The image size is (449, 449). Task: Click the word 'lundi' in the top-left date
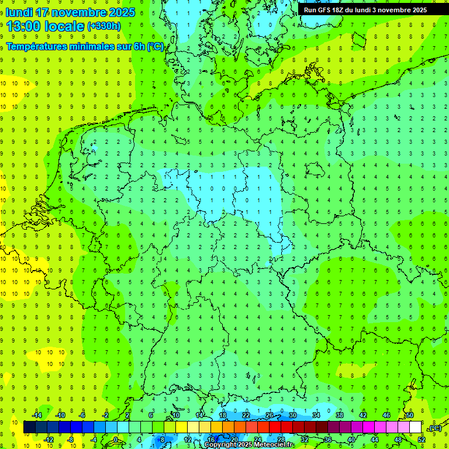[x=19, y=12]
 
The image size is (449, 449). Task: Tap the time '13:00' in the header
[x=23, y=26]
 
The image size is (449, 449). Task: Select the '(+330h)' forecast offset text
[x=104, y=26]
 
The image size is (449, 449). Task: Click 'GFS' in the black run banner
[x=327, y=10]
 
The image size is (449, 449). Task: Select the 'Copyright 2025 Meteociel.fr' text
[x=249, y=445]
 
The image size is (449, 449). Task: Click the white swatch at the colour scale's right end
[x=415, y=427]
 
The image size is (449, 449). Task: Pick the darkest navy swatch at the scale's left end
[x=29, y=427]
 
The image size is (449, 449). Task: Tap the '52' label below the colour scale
[x=422, y=440]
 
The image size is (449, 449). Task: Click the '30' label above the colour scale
[x=292, y=415]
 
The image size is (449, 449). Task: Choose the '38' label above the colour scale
[x=339, y=415]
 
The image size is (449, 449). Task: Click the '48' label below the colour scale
[x=398, y=440]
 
